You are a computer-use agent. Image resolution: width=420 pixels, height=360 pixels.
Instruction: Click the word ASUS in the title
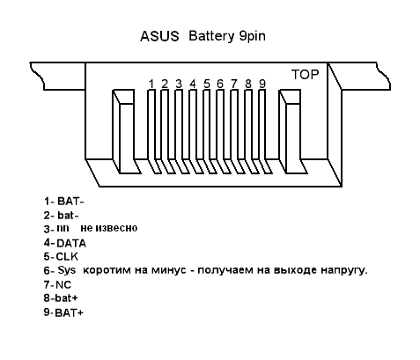point(159,36)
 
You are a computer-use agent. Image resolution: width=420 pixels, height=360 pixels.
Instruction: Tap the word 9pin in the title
point(253,37)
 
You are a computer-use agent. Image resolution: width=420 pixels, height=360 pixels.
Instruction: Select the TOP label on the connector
point(305,75)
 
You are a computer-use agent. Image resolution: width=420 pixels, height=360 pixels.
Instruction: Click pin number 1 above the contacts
point(151,84)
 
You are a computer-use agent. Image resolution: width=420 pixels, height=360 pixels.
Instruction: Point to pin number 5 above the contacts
point(207,84)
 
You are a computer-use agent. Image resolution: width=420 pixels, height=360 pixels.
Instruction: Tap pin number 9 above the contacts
point(262,84)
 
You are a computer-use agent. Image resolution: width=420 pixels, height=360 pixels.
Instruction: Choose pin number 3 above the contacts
point(179,84)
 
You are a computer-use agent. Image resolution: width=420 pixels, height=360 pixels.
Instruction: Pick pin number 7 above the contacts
point(234,84)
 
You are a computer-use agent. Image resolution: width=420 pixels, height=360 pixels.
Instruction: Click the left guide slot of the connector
point(127,131)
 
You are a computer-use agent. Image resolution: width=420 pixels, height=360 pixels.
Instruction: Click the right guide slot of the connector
point(293,131)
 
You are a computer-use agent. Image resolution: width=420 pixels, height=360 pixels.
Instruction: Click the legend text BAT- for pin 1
point(70,202)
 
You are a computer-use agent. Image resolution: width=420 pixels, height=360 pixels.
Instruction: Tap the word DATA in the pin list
point(71,243)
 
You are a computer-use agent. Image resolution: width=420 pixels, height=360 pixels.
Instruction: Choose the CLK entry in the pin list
point(67,257)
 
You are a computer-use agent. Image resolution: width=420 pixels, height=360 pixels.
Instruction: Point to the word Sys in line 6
point(67,270)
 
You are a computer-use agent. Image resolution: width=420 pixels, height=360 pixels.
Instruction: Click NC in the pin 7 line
point(63,284)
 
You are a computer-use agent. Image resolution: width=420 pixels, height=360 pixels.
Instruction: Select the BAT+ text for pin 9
point(70,312)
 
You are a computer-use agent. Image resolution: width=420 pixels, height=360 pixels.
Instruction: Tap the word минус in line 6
point(169,270)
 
